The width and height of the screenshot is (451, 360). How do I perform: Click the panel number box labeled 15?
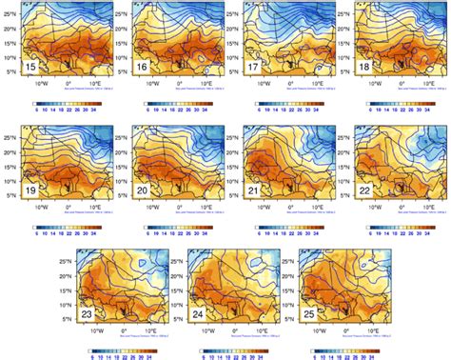[x=31, y=68]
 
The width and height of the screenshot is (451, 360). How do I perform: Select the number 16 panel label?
[x=142, y=68]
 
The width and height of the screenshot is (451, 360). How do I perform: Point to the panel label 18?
[x=366, y=68]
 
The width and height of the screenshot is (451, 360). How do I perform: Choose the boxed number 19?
[x=31, y=190]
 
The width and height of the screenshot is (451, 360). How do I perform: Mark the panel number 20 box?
[x=142, y=190]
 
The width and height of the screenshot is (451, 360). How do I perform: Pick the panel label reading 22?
[x=366, y=190]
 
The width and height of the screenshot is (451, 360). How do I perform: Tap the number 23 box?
[x=88, y=310]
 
